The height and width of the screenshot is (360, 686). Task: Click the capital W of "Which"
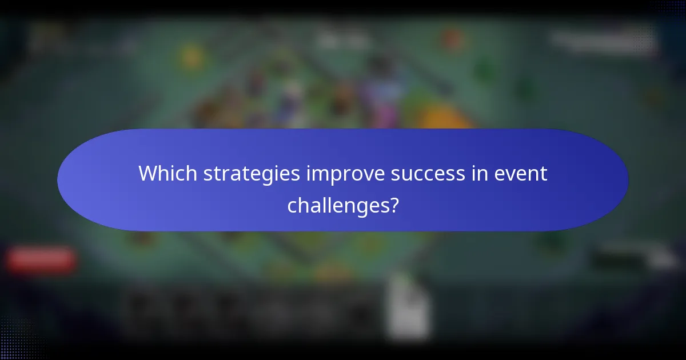pos(148,174)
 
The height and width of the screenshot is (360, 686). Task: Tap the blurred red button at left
pos(42,260)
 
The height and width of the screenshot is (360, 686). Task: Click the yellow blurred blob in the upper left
pos(192,57)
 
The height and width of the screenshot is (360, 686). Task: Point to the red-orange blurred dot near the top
pos(452,39)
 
